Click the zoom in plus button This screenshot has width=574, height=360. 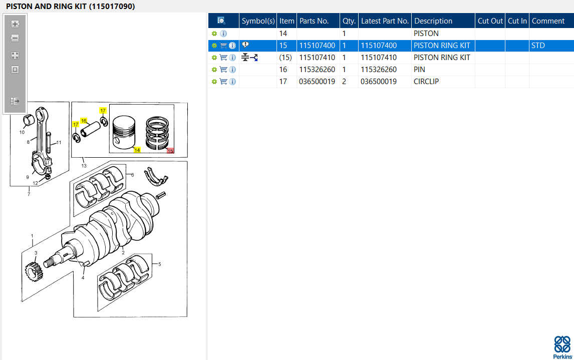(x=15, y=24)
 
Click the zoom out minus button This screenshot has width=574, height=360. (x=15, y=38)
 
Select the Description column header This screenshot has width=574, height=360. (x=433, y=21)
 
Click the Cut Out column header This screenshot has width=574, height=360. (x=490, y=21)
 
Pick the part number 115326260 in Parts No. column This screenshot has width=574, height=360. (x=317, y=70)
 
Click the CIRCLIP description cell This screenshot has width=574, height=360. (x=426, y=82)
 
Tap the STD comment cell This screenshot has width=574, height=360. (x=538, y=46)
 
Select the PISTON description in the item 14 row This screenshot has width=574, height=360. (x=426, y=33)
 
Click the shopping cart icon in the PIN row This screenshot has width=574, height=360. (x=223, y=70)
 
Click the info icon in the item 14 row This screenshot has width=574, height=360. (x=223, y=34)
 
